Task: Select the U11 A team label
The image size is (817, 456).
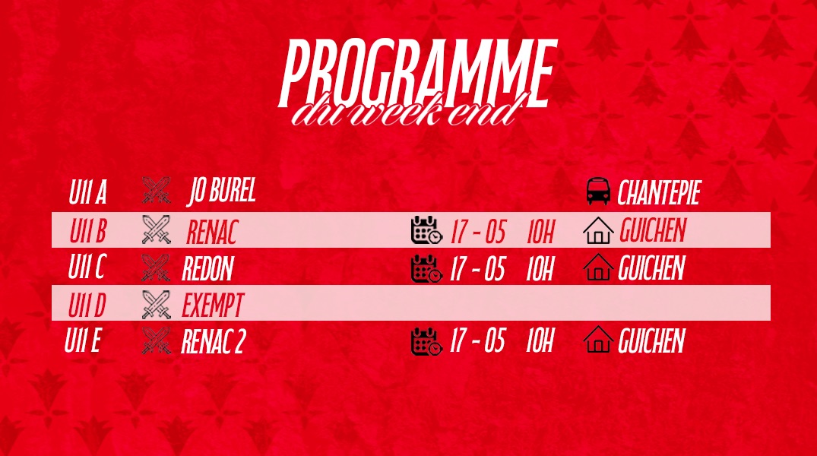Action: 87,192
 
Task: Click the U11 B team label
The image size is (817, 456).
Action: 87,231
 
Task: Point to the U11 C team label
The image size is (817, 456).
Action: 87,268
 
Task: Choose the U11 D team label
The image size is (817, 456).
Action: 87,305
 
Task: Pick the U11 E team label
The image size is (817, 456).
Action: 82,340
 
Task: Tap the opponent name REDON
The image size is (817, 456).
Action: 207,268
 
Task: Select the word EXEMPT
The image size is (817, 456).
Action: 213,306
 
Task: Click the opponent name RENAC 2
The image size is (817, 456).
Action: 213,342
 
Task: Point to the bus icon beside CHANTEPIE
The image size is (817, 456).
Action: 598,192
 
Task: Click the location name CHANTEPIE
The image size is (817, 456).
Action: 659,193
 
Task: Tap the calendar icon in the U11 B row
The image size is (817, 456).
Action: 426,230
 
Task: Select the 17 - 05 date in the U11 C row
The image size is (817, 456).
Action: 477,268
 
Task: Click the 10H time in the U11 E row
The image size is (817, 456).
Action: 540,340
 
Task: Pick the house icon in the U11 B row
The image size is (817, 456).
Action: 598,230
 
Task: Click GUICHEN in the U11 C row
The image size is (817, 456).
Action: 651,268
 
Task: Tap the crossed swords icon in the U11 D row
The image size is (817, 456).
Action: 157,305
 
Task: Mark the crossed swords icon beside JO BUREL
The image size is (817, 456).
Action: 157,191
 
